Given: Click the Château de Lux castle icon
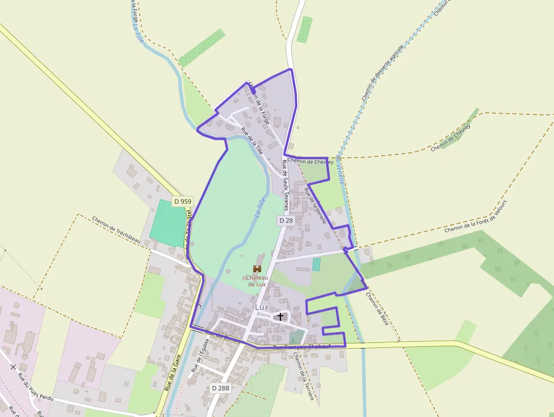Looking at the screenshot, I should tap(257, 268).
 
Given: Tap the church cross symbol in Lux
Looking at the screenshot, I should tap(280, 317).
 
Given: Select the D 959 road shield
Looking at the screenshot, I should tap(183, 201).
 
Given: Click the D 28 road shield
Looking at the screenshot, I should tap(285, 220).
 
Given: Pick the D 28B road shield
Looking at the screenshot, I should tap(220, 388).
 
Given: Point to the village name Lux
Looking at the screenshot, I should tap(262, 307).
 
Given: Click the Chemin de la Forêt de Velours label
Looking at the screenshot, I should tap(476, 217).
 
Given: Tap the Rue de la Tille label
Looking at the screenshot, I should tap(252, 141).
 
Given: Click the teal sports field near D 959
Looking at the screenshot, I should tap(168, 223).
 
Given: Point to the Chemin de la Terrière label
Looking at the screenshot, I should tap(304, 376).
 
